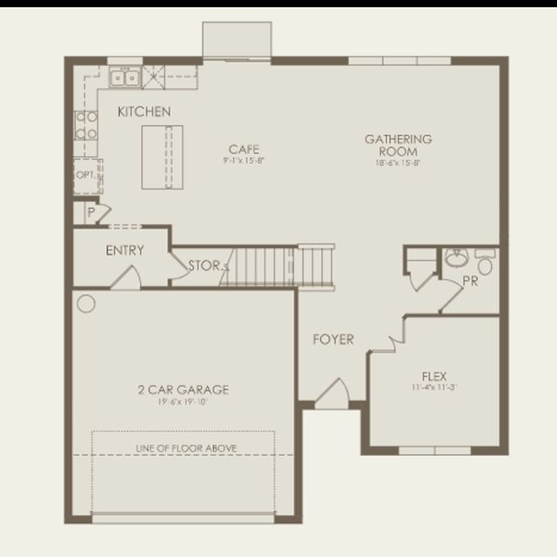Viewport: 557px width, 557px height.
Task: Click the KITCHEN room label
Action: point(144,112)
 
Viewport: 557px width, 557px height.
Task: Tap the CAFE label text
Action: point(244,149)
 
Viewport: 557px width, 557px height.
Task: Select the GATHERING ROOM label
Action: point(398,144)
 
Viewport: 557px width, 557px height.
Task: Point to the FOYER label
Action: point(333,339)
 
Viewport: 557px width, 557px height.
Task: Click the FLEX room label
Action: point(434,376)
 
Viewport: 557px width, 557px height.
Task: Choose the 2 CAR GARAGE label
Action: point(183,390)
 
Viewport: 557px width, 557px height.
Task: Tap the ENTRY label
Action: point(124,251)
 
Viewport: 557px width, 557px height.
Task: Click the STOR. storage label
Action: point(205,265)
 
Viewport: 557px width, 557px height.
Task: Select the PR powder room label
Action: point(470,281)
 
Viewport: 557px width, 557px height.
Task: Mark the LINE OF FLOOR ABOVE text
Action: point(186,447)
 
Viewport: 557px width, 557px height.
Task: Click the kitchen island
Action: point(163,157)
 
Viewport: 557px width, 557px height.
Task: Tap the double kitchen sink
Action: point(124,78)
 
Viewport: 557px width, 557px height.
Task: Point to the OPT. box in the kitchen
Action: point(85,174)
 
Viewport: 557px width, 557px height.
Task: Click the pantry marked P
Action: point(90,211)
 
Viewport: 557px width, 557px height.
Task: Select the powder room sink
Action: point(456,258)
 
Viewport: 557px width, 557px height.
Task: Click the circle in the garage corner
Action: point(85,303)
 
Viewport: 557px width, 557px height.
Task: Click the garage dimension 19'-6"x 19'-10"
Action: point(183,402)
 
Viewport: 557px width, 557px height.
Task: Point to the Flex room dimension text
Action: point(434,387)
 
